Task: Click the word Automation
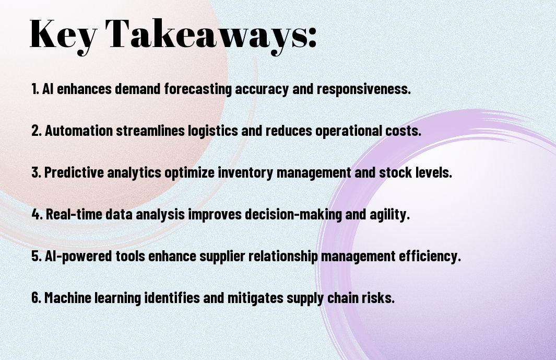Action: coord(79,131)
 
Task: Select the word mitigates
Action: coord(255,298)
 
